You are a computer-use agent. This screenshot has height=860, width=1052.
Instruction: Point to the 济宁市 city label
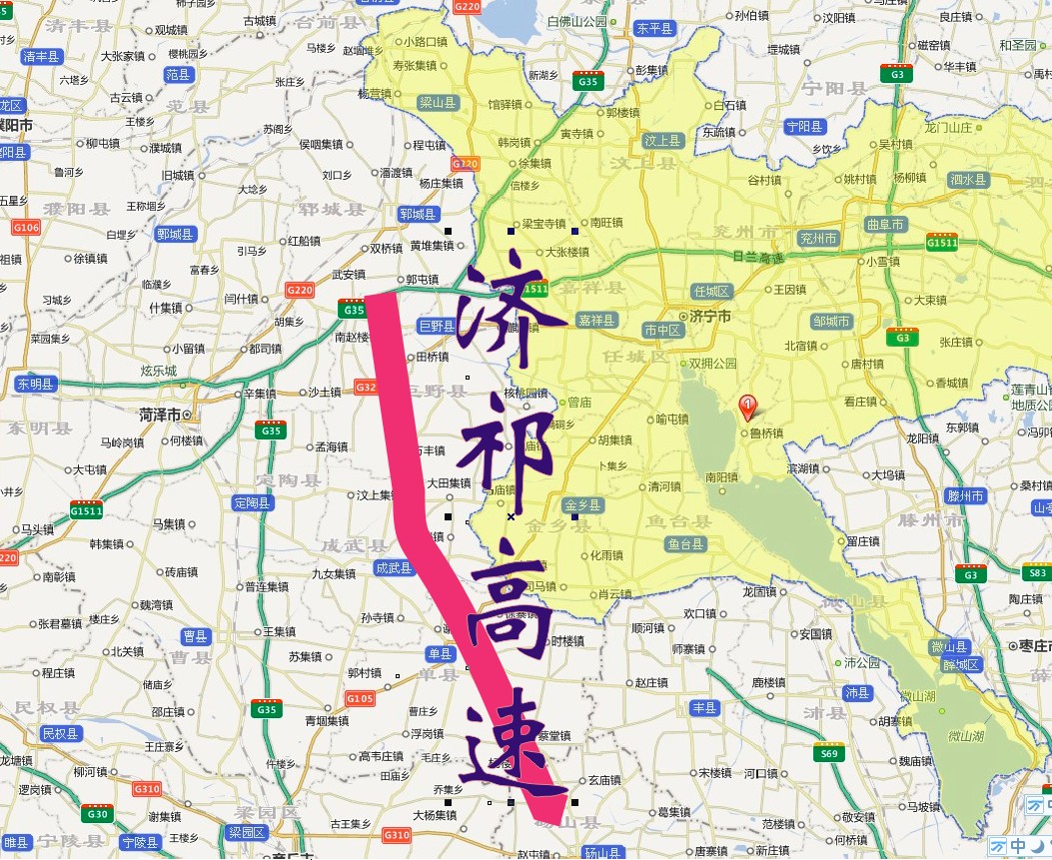[x=711, y=317]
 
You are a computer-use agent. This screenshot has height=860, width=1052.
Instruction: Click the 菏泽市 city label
[x=160, y=414]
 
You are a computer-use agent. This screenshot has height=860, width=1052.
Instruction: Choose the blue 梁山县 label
[x=438, y=102]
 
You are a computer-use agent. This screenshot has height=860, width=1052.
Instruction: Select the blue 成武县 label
[x=394, y=567]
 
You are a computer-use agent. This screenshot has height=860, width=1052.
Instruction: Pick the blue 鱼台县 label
[x=686, y=544]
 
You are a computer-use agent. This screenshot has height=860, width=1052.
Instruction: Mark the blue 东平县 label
[x=654, y=29]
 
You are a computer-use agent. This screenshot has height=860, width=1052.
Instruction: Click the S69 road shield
[x=829, y=754]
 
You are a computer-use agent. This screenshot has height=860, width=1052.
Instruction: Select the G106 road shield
[x=27, y=228]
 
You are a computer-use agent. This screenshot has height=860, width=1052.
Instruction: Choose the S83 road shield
[x=1038, y=572]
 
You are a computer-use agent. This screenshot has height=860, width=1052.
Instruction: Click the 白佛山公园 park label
[x=577, y=20]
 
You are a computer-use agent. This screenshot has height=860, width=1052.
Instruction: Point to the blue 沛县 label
[x=857, y=692]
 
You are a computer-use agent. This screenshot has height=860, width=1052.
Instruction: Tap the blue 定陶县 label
[x=251, y=502]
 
